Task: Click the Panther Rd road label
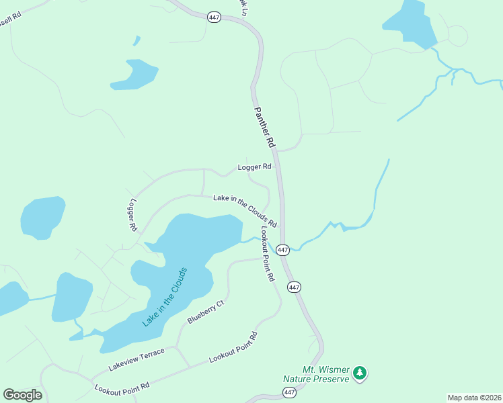coord(264,127)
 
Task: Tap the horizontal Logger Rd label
coord(254,167)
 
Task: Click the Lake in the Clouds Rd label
coord(245,210)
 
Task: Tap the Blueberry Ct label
coord(205,312)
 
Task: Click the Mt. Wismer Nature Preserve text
coord(316,375)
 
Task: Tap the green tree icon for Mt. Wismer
coord(360,373)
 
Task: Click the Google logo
coord(22,395)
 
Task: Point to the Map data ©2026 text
coord(474,398)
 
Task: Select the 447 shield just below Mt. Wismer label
coord(290,392)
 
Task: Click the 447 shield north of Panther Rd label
coord(215,17)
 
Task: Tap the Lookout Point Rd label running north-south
coord(268,254)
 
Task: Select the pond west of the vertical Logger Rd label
coord(43,217)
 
